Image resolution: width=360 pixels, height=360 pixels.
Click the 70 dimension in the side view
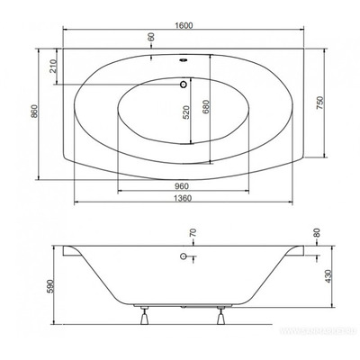tap(191, 237)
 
